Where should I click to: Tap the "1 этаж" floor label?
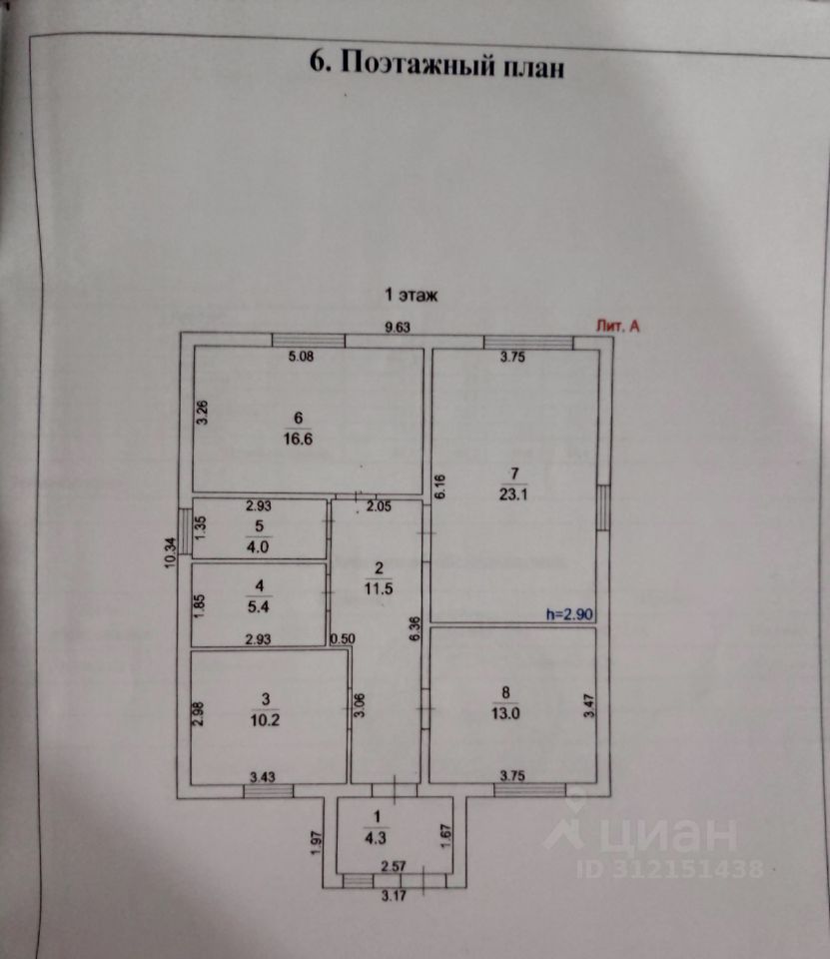pyautogui.click(x=413, y=295)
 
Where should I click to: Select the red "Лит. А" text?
pyautogui.click(x=616, y=325)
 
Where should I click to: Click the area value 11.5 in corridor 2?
pyautogui.click(x=376, y=588)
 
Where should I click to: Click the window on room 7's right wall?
pyautogui.click(x=603, y=506)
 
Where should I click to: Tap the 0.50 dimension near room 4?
pyautogui.click(x=344, y=638)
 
